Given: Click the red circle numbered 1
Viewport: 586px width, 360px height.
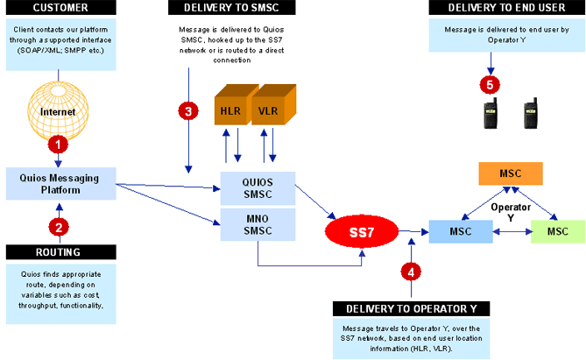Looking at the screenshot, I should [x=59, y=143].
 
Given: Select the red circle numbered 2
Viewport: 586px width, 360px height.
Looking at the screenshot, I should [x=59, y=226].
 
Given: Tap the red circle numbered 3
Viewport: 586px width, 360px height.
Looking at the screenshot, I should [x=187, y=111].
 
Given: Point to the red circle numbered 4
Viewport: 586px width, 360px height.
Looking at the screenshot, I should [x=412, y=271].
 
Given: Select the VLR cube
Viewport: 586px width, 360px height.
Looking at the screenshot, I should [x=270, y=110].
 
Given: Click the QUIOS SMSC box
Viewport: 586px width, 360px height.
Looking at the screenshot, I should [x=258, y=187].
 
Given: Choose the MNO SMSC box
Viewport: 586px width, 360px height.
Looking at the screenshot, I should [x=258, y=223].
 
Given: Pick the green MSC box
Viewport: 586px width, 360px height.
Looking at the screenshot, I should [x=555, y=231].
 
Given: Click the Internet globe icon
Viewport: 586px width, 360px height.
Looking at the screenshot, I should [x=58, y=112].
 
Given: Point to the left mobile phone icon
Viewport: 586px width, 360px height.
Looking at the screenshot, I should [x=492, y=115].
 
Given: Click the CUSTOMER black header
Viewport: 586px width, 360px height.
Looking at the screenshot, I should [x=59, y=8].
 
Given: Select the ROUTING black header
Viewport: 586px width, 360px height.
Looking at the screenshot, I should [x=59, y=252].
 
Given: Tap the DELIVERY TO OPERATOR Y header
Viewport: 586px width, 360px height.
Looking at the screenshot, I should [x=411, y=308].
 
